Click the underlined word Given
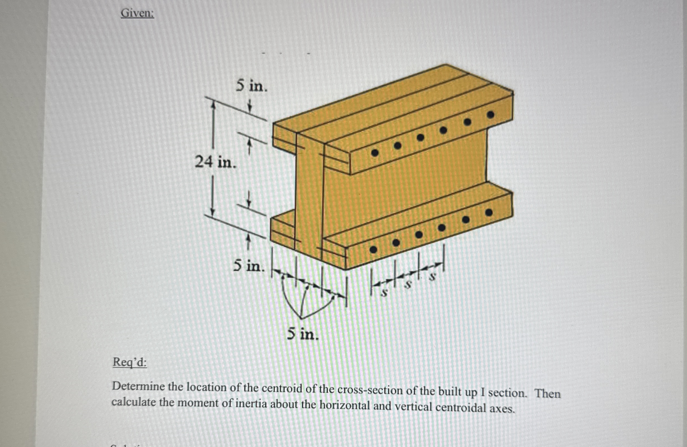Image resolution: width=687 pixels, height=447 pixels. point(137,13)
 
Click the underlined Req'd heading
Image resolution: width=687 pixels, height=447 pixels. point(130,362)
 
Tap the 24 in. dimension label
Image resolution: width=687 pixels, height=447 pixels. point(215,162)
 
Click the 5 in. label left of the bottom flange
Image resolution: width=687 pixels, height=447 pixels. point(249,266)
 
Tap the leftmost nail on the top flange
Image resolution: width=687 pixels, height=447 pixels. point(375,153)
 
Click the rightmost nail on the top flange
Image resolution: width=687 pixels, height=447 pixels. point(490,115)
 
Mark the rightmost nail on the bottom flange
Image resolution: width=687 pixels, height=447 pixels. point(489,213)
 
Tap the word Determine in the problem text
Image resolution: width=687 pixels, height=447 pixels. point(139,386)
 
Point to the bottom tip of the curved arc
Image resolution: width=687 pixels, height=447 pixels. point(301,318)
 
